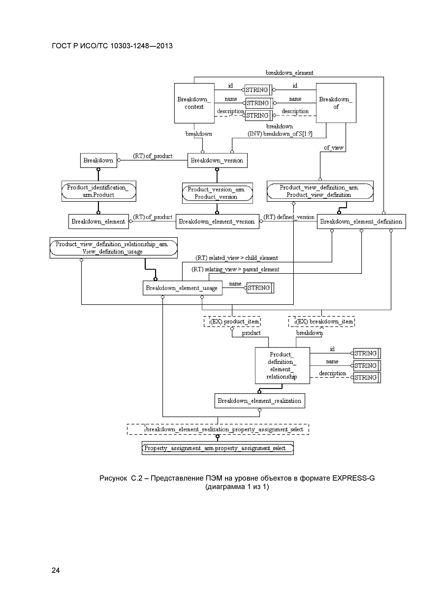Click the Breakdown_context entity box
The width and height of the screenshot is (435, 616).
click(x=194, y=103)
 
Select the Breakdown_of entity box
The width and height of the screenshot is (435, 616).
click(x=336, y=103)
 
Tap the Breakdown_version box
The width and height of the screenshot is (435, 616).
click(x=217, y=160)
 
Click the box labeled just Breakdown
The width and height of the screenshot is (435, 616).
click(x=98, y=160)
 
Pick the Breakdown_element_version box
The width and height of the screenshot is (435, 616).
click(x=217, y=222)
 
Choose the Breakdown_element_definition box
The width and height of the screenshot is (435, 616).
click(x=361, y=222)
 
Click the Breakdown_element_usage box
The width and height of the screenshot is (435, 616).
click(x=182, y=288)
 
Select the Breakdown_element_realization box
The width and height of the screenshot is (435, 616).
click(x=259, y=401)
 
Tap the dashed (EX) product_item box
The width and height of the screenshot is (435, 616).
click(x=232, y=322)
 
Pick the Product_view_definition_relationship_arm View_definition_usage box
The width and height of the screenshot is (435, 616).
click(x=113, y=248)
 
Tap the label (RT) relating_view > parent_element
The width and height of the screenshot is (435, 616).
click(x=235, y=269)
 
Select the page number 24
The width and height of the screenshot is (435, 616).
click(x=56, y=570)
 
